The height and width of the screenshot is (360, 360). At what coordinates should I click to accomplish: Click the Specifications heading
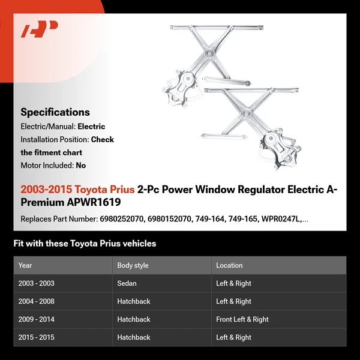pos(55,112)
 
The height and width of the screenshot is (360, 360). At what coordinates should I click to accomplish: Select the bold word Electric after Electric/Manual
pos(91,127)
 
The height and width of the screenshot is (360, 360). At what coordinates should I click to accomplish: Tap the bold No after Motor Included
pos(81,165)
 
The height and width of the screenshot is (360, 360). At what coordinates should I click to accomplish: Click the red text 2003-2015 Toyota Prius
pos(77,190)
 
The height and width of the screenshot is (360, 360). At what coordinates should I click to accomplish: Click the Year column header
pos(25,265)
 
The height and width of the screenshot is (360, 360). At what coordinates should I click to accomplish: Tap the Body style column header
pos(133,265)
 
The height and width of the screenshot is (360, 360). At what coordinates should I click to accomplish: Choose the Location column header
pos(229,265)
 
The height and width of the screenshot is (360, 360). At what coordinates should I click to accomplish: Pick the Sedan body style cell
pos(127,283)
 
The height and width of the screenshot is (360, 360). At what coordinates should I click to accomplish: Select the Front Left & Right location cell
pos(242,319)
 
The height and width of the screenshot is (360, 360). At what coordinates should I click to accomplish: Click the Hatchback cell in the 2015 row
pos(133,337)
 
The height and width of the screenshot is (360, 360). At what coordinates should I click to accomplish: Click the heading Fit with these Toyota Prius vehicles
pos(85,244)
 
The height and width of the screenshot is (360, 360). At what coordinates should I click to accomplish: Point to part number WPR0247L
pos(281,219)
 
